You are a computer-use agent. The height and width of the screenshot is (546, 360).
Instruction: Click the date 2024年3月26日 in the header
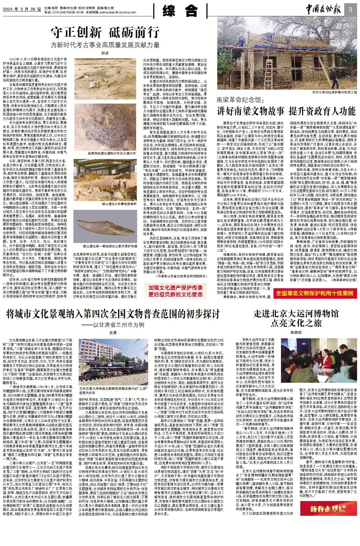point(22,9)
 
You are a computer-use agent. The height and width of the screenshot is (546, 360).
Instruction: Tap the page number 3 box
point(350,10)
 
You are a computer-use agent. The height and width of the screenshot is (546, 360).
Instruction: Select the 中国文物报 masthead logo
point(323,10)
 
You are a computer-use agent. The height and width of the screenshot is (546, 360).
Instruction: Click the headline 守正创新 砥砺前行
point(105,33)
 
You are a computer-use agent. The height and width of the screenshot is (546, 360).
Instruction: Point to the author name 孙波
point(105,53)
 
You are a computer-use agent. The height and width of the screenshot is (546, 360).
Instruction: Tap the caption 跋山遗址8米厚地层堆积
point(119,204)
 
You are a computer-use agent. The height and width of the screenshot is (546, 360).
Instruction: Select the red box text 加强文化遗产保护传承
point(175,288)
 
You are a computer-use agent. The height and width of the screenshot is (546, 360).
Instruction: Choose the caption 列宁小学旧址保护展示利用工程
point(334,92)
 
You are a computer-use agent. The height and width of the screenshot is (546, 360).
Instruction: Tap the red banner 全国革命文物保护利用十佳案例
point(314,293)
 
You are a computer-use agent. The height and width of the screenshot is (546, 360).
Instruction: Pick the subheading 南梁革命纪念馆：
point(240,100)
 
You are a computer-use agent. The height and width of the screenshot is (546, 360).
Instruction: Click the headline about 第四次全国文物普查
point(113,314)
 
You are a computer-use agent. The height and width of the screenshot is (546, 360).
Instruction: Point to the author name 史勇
point(113,333)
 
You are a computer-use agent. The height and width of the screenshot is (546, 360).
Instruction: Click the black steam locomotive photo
point(113,362)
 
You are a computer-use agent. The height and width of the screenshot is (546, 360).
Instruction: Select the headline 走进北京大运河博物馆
point(296,313)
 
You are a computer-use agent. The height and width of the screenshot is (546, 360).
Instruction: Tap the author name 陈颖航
point(296,332)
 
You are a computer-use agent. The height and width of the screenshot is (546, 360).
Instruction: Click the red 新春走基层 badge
point(328,509)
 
